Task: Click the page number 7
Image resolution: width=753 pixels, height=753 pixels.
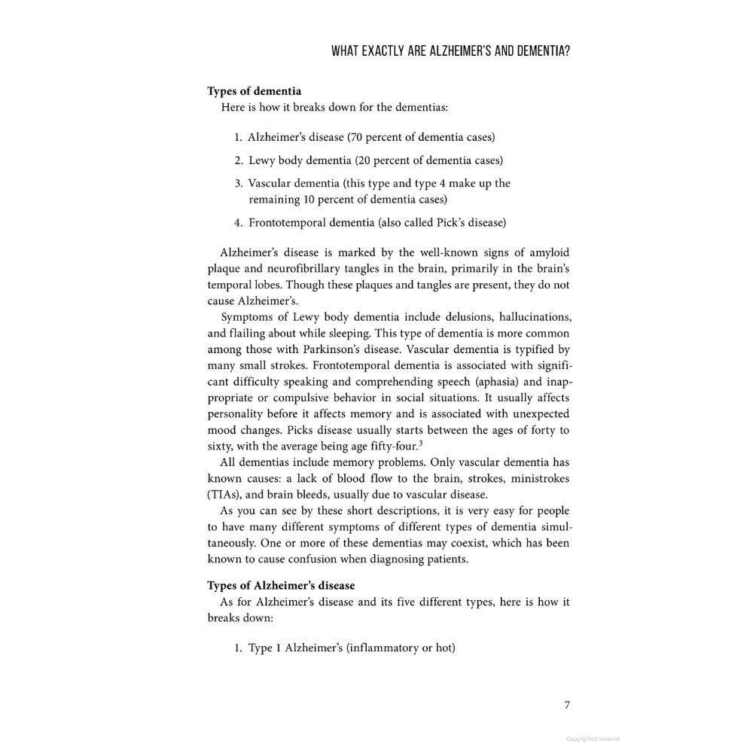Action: click(x=567, y=705)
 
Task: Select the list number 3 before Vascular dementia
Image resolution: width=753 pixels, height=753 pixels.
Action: click(x=237, y=183)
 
